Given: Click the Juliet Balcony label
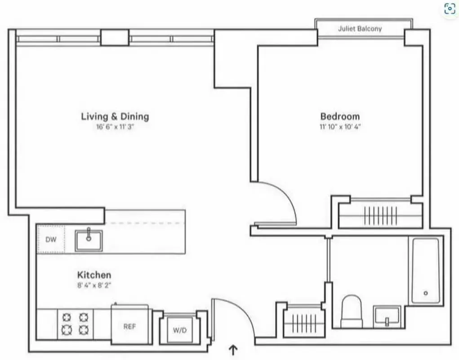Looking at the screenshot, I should point(360,29).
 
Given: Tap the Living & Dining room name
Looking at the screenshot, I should point(115,116).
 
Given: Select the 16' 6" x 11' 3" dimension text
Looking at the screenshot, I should point(115,127).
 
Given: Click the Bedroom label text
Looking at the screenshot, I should point(340,116).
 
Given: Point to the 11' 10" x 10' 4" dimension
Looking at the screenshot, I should point(340,127).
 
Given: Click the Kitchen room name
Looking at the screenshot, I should point(94,274).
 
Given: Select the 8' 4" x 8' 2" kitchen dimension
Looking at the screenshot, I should point(94,284).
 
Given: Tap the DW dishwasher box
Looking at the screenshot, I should point(51,239).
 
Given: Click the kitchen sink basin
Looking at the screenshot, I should point(89,240).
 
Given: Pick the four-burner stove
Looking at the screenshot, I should point(75,323).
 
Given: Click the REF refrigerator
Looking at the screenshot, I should point(130,326).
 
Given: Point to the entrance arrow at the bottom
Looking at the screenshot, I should point(233,349).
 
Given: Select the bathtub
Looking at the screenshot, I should point(424,270).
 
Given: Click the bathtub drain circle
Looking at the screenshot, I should point(425,293).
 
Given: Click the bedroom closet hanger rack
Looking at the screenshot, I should point(380,216).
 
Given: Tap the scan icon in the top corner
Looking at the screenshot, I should point(450,9).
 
